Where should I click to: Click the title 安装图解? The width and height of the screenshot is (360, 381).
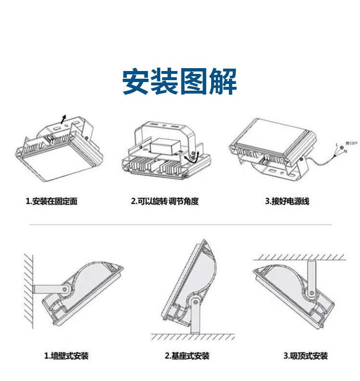pos(180,82)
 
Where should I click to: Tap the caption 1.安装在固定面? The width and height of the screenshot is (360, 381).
pos(51,201)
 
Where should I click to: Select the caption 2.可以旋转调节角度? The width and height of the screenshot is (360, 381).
pos(165,201)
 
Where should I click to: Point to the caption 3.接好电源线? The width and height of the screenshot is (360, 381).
pos(287,201)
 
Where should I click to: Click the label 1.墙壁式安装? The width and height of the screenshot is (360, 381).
pos(67,356)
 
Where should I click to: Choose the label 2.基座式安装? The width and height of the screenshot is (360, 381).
pos(187,356)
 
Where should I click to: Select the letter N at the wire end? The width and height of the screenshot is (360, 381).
pos(345,152)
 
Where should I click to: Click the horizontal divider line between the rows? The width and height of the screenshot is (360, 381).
pos(180,225)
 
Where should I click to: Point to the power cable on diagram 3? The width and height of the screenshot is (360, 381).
pos(319,160)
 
